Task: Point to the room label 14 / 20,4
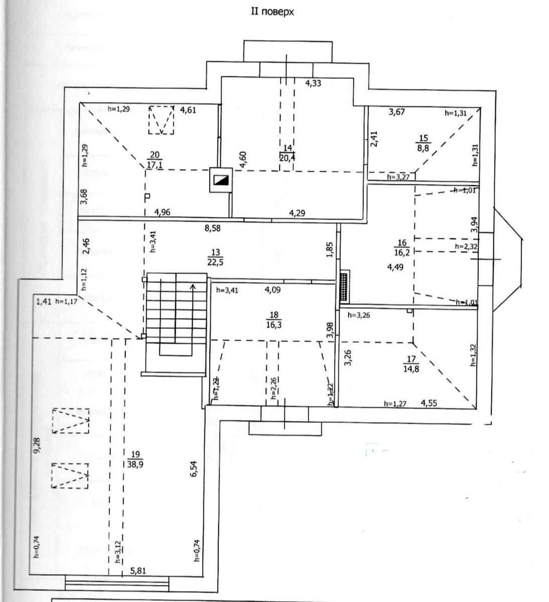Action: pos(287,153)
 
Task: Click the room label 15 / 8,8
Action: pos(424,142)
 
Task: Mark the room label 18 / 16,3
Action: pos(273,320)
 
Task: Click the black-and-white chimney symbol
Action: pos(221,179)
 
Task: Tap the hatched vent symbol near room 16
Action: pos(345,287)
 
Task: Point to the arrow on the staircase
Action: pos(193,287)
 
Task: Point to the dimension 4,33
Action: pos(313,83)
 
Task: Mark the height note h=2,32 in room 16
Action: pos(465,246)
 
